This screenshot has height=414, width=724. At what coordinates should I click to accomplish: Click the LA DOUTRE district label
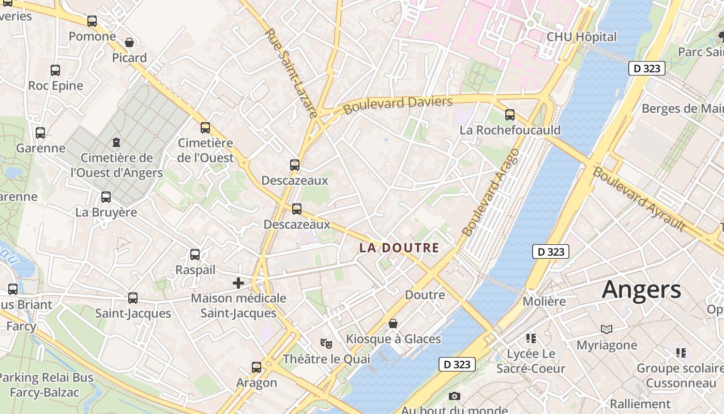pyautogui.click(x=399, y=248)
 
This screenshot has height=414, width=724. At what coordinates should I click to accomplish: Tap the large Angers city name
pyautogui.click(x=641, y=289)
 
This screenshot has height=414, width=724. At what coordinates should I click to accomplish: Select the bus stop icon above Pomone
pyautogui.click(x=92, y=21)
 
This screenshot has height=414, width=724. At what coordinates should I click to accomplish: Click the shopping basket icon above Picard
pyautogui.click(x=129, y=42)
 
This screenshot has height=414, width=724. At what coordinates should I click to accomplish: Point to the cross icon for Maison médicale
pyautogui.click(x=238, y=283)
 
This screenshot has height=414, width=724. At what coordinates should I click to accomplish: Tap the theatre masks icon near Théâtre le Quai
pyautogui.click(x=326, y=343)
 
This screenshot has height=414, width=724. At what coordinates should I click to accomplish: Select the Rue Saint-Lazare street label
pyautogui.click(x=291, y=73)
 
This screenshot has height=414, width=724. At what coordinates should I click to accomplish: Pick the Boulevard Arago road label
pyautogui.click(x=490, y=193)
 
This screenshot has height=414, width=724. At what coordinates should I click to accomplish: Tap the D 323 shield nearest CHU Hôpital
pyautogui.click(x=646, y=68)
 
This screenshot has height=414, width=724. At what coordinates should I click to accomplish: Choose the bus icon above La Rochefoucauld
pyautogui.click(x=510, y=115)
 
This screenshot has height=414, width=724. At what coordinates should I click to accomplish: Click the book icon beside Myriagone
pyautogui.click(x=607, y=329)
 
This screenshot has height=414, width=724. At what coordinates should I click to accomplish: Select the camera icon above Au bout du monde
pyautogui.click(x=455, y=396)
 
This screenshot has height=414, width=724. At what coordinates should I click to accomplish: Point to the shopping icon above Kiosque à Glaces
pyautogui.click(x=393, y=324)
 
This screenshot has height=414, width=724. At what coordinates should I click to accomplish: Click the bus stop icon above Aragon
pyautogui.click(x=257, y=367)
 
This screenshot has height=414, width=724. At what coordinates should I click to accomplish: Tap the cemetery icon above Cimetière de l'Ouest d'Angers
pyautogui.click(x=116, y=142)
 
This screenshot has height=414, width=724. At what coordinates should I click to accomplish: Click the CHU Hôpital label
pyautogui.click(x=582, y=37)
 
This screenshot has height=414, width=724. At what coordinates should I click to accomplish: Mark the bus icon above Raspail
pyautogui.click(x=195, y=255)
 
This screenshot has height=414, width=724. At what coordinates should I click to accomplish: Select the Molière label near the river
pyautogui.click(x=544, y=301)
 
